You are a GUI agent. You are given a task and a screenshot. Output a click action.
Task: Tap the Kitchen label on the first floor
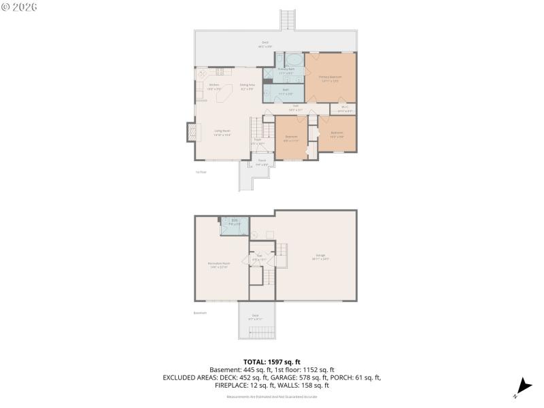214,86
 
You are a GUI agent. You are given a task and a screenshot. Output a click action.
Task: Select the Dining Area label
246,86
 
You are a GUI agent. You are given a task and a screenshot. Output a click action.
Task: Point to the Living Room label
222,132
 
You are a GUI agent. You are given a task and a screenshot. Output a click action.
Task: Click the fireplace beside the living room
190,132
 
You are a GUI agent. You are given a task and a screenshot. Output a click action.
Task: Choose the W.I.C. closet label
345,109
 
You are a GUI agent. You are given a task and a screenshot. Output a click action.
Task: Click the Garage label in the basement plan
320,258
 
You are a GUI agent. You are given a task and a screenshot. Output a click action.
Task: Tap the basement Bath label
234,221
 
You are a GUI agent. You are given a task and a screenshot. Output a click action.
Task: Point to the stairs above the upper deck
288,20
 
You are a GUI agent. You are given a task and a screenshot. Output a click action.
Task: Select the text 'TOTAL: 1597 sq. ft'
271,362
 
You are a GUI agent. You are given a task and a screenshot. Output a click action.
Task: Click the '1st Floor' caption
201,172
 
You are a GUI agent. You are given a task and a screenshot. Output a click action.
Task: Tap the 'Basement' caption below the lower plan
200,313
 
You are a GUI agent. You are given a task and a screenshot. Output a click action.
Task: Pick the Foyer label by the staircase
258,142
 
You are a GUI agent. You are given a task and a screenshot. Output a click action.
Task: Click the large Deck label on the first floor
265,44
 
